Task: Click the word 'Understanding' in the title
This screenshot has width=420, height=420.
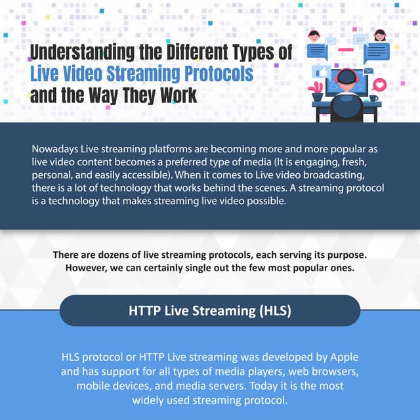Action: pos(73,52)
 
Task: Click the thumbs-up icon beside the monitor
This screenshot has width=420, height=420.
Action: pos(322,72)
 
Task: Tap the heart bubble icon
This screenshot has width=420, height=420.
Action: pos(379,84)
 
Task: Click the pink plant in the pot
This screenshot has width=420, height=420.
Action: pos(317,87)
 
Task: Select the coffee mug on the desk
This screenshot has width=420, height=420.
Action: pos(373,98)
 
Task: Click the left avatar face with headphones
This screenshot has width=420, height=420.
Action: pos(314,36)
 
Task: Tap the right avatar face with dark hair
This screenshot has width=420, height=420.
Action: pos(379,35)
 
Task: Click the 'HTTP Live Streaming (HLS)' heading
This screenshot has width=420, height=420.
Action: pos(210,310)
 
